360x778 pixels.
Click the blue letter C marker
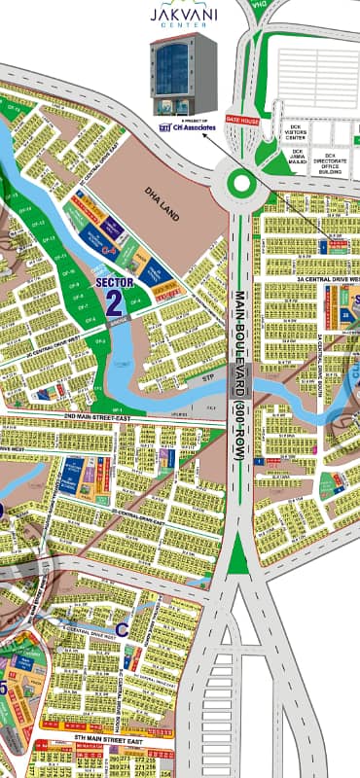pos(122,628)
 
